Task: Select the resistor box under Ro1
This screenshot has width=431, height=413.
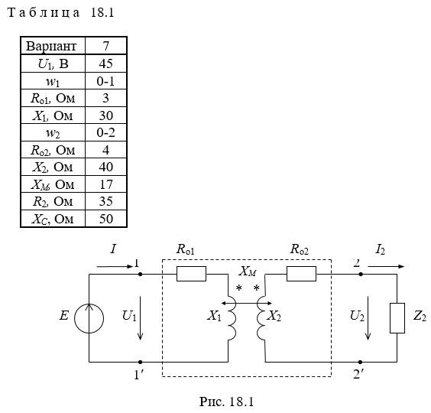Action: [x=191, y=274]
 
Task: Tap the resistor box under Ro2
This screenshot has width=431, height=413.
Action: [x=301, y=274]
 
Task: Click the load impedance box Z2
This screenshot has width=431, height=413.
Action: [x=397, y=318]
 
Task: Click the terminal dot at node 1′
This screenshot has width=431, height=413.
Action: [x=140, y=362]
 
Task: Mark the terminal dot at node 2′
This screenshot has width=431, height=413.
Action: [x=361, y=362]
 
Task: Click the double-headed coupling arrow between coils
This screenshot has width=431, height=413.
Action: [x=247, y=303]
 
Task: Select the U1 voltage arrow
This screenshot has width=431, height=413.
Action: [x=140, y=318]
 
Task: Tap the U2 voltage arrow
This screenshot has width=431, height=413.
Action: [x=368, y=318]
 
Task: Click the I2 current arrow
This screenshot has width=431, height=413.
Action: [x=386, y=266]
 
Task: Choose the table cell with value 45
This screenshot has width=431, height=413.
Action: [x=105, y=63]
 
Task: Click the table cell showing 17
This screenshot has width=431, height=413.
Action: [x=105, y=184]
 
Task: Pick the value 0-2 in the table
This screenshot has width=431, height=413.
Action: [x=105, y=132]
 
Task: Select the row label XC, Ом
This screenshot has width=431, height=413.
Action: [x=53, y=219]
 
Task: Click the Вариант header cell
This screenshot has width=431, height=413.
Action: [x=53, y=46]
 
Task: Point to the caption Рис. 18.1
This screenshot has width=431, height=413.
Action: [x=226, y=402]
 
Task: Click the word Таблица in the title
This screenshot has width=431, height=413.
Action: [x=44, y=13]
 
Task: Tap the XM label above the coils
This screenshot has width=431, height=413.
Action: [x=248, y=272]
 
